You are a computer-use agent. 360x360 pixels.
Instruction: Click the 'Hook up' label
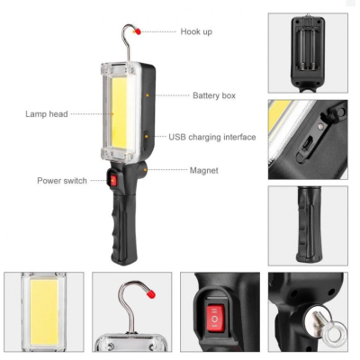click(196, 31)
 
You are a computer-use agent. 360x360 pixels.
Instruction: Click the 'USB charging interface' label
click(212, 137)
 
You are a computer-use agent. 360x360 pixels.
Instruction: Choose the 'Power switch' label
click(62, 180)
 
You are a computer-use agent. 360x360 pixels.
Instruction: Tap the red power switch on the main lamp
click(113, 182)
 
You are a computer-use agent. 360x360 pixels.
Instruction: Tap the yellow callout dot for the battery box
click(155, 94)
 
